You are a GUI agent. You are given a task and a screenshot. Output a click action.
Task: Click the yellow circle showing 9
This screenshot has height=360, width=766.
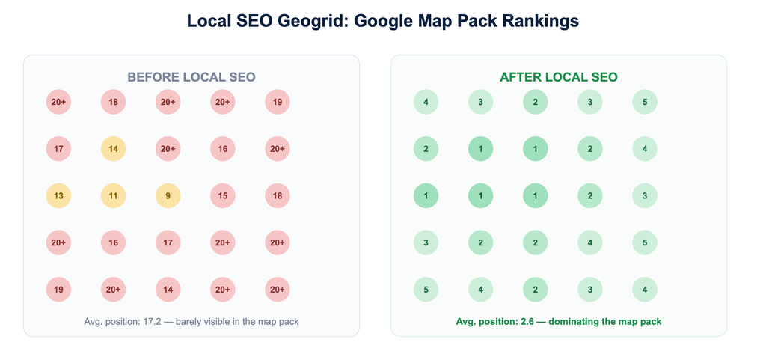point(168,196)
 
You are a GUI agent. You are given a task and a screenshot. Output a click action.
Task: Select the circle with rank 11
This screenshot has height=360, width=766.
point(114,196)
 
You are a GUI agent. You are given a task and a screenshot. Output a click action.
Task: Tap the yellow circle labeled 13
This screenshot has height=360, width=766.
point(58,196)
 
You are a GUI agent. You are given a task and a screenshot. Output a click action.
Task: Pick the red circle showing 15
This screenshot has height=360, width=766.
point(223,196)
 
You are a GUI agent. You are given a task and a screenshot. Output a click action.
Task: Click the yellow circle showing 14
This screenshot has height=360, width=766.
point(114,149)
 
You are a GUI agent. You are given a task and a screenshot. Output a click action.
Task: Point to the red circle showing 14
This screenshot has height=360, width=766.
point(168,290)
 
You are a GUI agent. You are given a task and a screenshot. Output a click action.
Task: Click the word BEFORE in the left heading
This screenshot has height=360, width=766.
point(153,77)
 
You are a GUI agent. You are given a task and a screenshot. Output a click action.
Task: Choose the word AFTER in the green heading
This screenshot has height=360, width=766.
point(523,77)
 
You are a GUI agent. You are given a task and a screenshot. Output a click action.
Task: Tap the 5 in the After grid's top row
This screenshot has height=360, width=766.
point(645,102)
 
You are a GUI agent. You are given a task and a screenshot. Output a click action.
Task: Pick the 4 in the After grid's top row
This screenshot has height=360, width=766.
point(426,102)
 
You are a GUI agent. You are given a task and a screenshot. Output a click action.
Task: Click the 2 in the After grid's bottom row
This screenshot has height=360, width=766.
point(536,290)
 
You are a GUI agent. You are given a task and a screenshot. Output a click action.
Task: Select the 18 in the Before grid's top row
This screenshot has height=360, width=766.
point(114,102)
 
